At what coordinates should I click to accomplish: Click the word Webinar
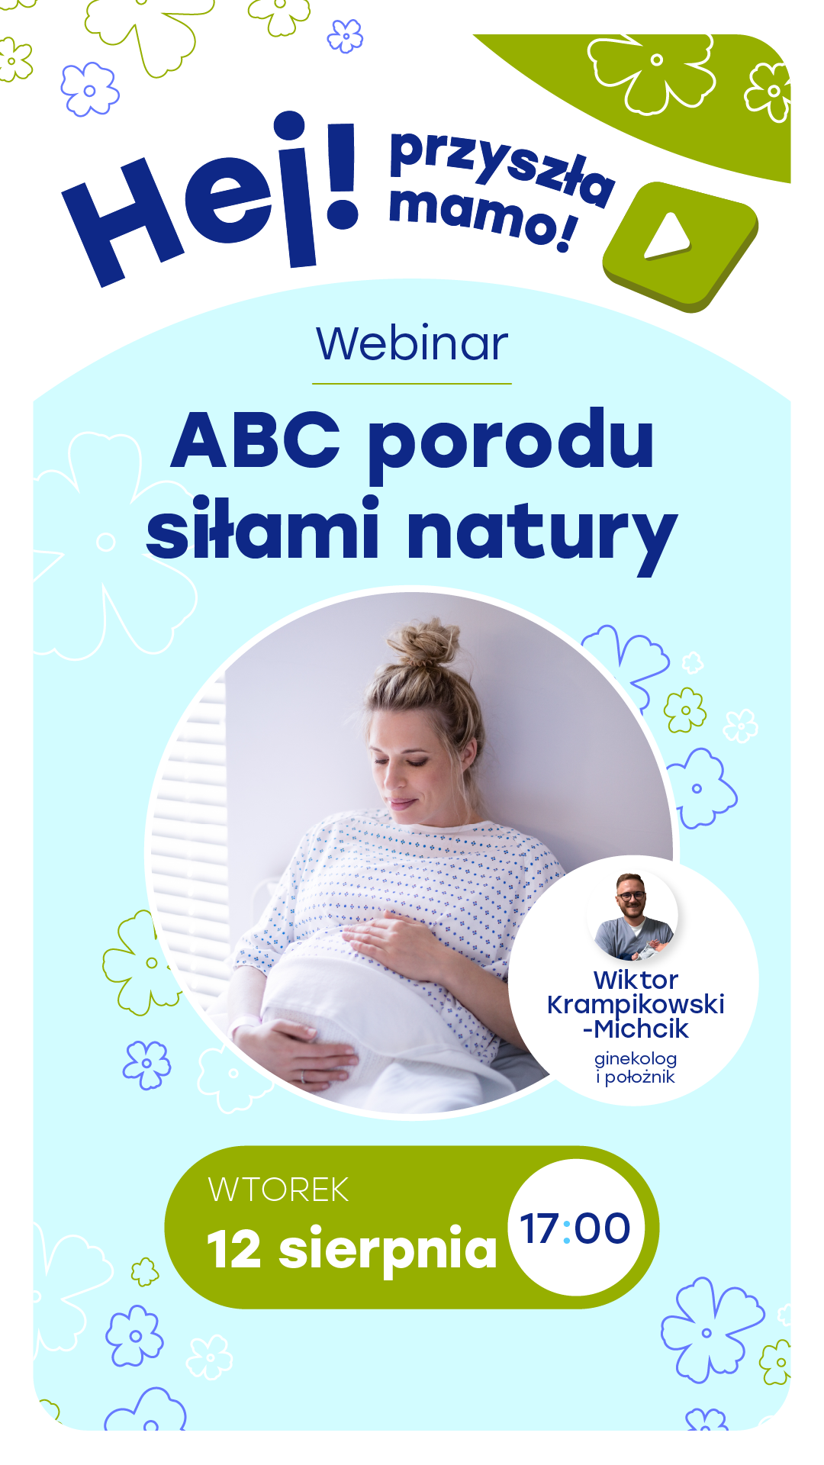click(412, 344)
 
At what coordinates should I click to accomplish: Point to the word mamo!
click(482, 217)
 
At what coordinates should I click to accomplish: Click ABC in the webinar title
click(255, 440)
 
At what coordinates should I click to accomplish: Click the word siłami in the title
click(262, 526)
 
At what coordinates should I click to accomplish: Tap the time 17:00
click(575, 1228)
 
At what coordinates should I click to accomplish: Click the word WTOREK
click(278, 1190)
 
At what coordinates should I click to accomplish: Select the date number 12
click(235, 1251)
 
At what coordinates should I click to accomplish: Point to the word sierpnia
click(388, 1251)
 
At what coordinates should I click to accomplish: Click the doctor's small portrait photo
click(634, 916)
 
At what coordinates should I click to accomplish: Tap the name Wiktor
click(636, 980)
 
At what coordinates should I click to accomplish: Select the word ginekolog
click(636, 1060)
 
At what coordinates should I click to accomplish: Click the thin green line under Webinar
click(412, 383)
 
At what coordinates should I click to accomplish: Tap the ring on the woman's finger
click(302, 1076)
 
